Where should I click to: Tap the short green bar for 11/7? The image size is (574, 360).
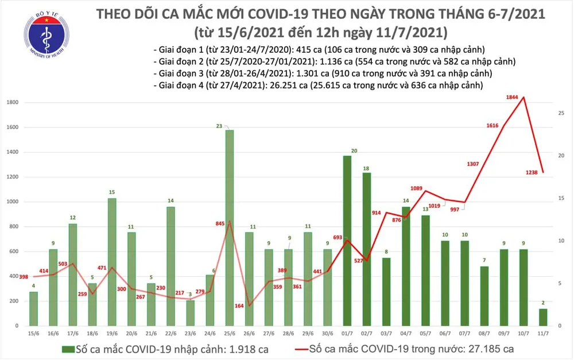coord(543,317)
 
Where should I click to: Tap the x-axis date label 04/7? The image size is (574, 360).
coord(406,333)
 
